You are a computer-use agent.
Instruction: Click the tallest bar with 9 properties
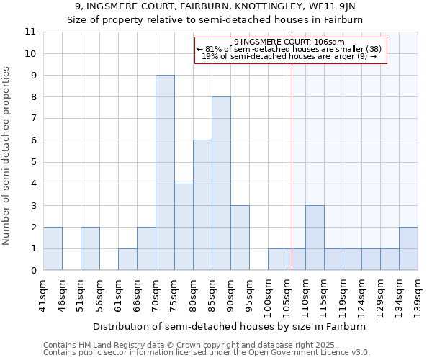coord(165,173)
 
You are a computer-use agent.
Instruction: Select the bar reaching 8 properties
coord(221,184)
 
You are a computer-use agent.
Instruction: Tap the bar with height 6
coord(202,205)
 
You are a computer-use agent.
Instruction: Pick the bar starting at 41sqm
coord(53,248)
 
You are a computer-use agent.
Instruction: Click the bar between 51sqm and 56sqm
coord(90,248)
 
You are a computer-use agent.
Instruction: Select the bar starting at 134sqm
coord(408,248)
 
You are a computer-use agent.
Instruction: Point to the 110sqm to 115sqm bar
coord(315,238)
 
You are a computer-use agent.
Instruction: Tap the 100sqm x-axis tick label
coord(269,296)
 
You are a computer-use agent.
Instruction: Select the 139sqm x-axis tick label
coord(418,296)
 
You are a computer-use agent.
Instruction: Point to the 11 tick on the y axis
coord(30,32)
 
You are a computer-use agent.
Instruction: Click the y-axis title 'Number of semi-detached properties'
coord(7,156)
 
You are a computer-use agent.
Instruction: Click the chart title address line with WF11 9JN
coord(215,7)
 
